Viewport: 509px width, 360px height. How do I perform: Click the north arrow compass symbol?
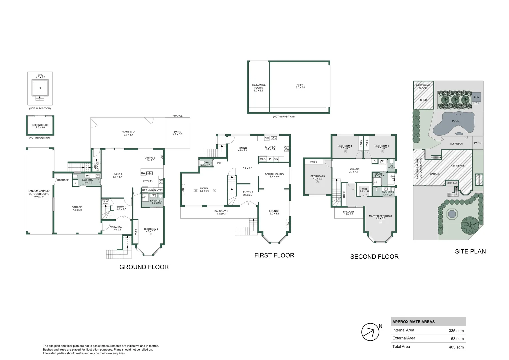[x=370, y=332]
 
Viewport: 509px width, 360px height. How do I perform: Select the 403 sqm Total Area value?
[x=456, y=347]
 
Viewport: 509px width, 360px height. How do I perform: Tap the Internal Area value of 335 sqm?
[x=456, y=331]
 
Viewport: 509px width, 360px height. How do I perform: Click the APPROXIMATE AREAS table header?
[x=413, y=322]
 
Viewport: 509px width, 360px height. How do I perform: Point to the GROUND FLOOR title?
[x=144, y=267]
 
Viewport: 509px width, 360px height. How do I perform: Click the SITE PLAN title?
[x=470, y=252]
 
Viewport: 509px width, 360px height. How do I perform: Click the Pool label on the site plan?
[x=455, y=121]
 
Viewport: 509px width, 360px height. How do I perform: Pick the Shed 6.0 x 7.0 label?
[x=300, y=86]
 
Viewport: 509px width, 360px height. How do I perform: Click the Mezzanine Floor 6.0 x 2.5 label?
[x=258, y=88]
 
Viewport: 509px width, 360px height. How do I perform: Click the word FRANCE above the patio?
[x=177, y=116]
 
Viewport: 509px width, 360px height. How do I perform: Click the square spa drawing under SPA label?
[x=40, y=88]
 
